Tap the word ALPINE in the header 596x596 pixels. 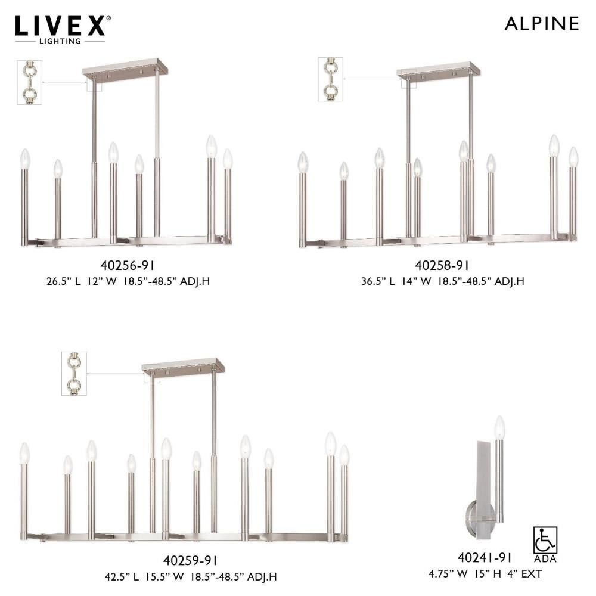tap(542, 24)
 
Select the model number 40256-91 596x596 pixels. tap(128, 265)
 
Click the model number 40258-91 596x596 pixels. tap(442, 265)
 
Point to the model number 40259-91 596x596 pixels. tap(190, 560)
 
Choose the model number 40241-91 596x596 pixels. tap(485, 557)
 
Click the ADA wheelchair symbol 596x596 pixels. tap(545, 540)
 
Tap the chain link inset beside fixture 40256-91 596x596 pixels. tap(30, 82)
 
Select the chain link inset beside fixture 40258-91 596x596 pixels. tap(331, 79)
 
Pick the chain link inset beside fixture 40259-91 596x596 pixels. tap(74, 373)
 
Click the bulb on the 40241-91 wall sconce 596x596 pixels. tap(499, 428)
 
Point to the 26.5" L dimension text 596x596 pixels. tap(64, 282)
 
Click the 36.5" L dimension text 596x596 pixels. tap(378, 282)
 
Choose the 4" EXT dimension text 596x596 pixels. tap(524, 573)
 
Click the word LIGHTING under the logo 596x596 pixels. tap(60, 41)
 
